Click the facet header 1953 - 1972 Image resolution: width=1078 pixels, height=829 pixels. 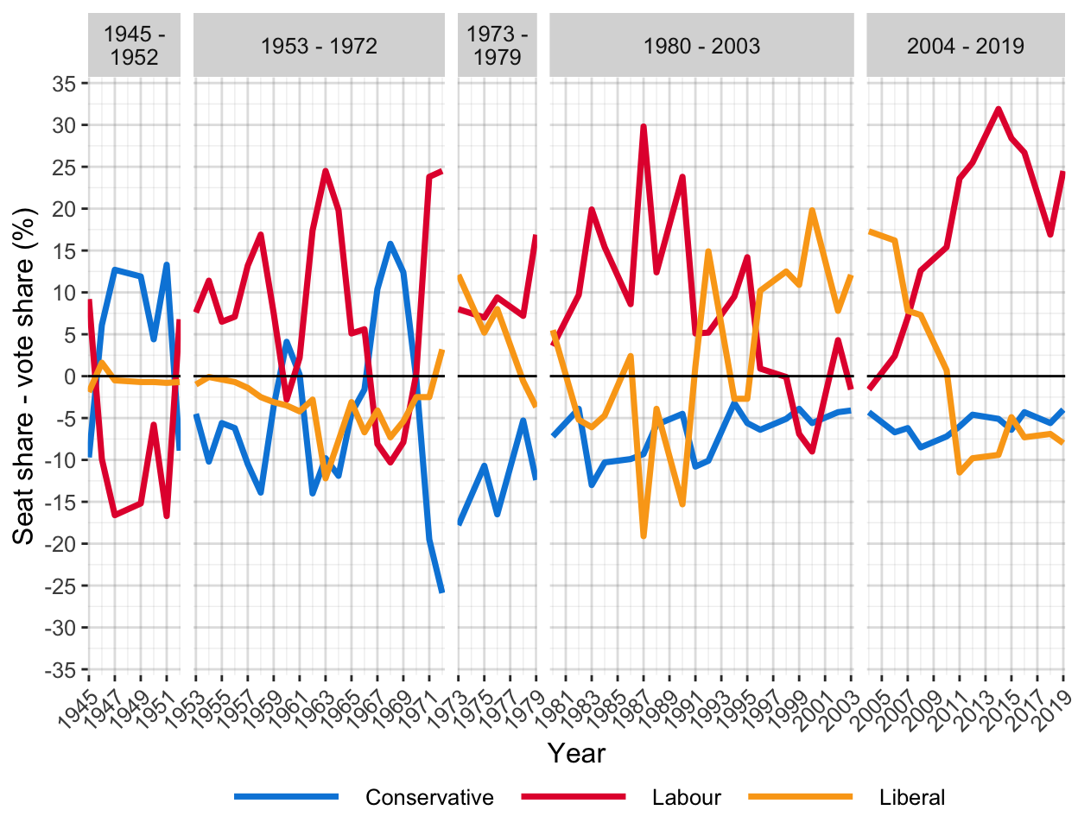(319, 46)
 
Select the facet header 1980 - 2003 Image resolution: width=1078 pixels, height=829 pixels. (701, 46)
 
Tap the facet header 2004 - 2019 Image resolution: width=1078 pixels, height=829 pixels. (965, 46)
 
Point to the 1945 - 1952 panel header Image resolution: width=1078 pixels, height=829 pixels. (134, 46)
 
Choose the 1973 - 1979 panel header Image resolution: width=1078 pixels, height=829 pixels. (497, 46)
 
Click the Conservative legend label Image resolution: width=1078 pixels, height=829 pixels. (429, 798)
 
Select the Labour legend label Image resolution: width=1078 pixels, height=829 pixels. (687, 798)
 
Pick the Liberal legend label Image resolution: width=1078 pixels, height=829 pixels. (912, 798)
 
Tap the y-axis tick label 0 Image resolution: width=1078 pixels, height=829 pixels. (71, 377)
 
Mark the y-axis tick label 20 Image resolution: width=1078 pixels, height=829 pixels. (65, 209)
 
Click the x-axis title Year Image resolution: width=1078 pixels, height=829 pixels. (576, 753)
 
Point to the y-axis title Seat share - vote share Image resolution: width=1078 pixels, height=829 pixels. (23, 377)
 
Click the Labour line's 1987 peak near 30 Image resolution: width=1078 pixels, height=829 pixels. (644, 126)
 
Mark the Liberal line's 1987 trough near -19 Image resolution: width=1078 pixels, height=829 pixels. (644, 536)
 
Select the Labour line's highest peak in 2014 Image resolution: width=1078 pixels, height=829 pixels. (999, 109)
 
